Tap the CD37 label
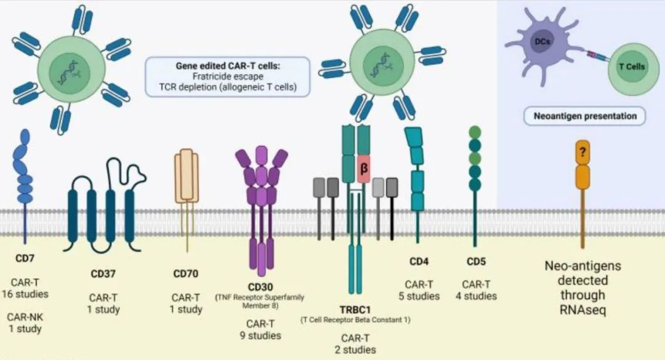103,273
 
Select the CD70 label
185,273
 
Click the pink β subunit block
364,167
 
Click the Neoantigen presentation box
581,115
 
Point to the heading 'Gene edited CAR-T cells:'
227,65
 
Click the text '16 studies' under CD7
25,294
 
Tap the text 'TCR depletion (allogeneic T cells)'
227,87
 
